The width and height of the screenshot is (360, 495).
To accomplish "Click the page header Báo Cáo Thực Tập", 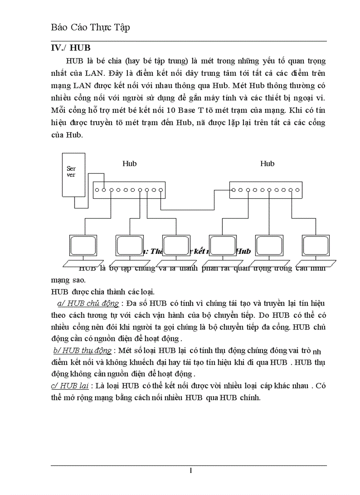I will pyautogui.click(x=90, y=27).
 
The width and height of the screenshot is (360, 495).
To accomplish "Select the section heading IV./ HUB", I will pyautogui.click(x=71, y=48).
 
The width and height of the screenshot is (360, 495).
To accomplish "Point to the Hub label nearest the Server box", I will pyautogui.click(x=129, y=164).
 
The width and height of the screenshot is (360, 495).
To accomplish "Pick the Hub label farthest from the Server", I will pyautogui.click(x=267, y=164).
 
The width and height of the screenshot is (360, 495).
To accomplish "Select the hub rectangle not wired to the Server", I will pyautogui.click(x=266, y=190).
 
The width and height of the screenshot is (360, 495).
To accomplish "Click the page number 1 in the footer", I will pyautogui.click(x=191, y=471).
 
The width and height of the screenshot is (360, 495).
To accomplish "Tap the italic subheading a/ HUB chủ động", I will pyautogui.click(x=88, y=303).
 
